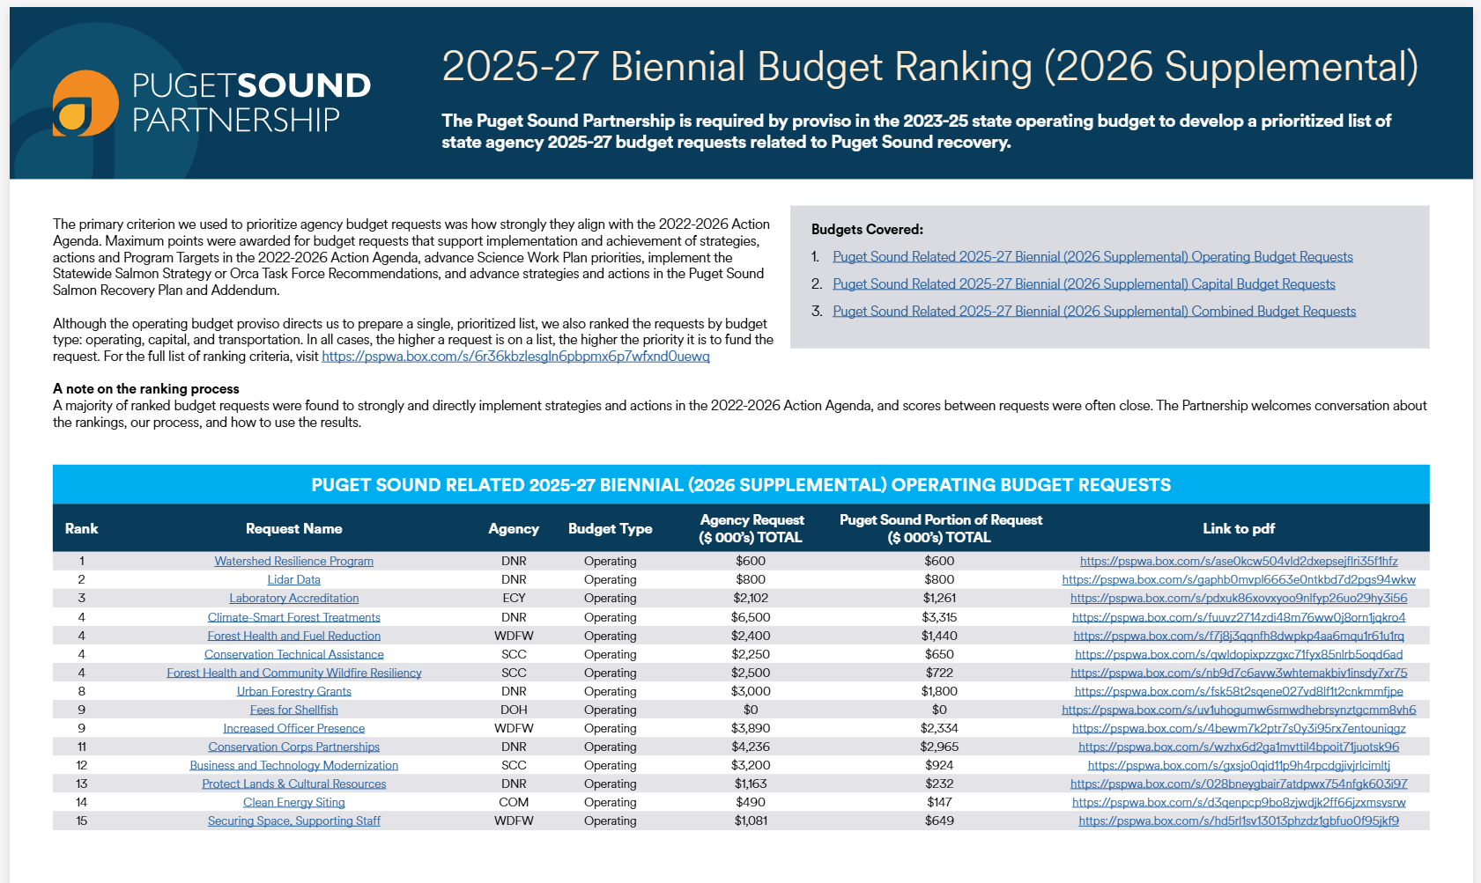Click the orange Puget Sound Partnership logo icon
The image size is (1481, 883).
(x=85, y=103)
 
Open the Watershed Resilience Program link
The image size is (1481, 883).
(x=293, y=561)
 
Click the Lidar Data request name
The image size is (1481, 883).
(x=293, y=579)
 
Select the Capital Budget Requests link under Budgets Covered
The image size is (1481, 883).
(x=1084, y=283)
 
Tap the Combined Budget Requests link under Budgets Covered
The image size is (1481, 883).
(x=1093, y=311)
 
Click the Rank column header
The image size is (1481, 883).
(x=81, y=528)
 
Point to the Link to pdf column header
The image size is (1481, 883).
(x=1238, y=528)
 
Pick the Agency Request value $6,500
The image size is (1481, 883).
(x=750, y=617)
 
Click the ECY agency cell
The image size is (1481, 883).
(x=514, y=598)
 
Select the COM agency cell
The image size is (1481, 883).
(x=514, y=802)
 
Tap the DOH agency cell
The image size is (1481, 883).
(x=514, y=710)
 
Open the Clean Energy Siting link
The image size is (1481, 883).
(x=293, y=802)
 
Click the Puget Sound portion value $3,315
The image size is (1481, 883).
(x=939, y=617)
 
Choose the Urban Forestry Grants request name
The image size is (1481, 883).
(x=293, y=691)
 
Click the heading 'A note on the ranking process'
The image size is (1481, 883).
(x=146, y=388)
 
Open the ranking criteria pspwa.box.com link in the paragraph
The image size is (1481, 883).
(x=515, y=357)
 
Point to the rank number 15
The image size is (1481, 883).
(x=81, y=820)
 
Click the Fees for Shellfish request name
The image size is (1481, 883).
(x=293, y=710)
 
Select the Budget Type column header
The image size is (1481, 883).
(x=610, y=528)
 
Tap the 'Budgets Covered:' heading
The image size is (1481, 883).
(x=867, y=229)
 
